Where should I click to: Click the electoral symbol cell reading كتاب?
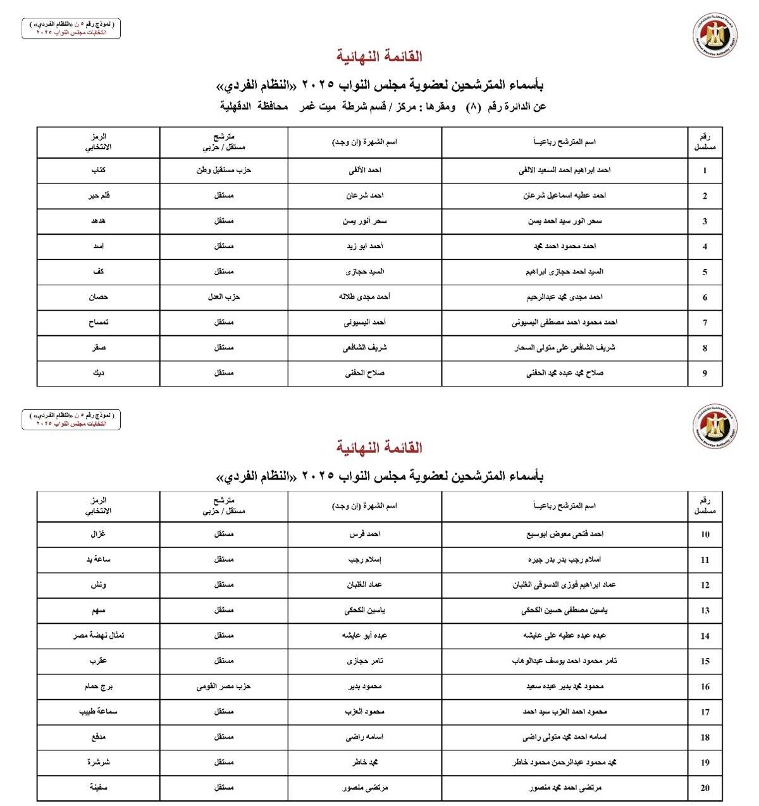[98, 170]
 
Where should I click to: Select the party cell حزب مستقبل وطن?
[224, 170]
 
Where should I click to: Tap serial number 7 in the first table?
[705, 323]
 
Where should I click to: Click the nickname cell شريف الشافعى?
[365, 347]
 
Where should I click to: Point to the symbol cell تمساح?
[98, 322]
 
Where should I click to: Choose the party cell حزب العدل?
[224, 297]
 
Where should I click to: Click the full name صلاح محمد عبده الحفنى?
[565, 373]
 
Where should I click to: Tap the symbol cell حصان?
[98, 297]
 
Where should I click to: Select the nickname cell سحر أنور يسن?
[365, 221]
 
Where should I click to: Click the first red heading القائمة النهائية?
[379, 56]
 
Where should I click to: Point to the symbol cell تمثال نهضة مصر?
[98, 635]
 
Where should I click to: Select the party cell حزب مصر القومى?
[224, 686]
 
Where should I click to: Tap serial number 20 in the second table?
[705, 788]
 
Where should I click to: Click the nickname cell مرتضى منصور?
[365, 788]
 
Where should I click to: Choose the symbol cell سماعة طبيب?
[98, 712]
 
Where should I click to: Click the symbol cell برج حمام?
[98, 686]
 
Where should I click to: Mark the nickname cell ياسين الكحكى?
[365, 611]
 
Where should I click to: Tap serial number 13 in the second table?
[705, 611]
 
